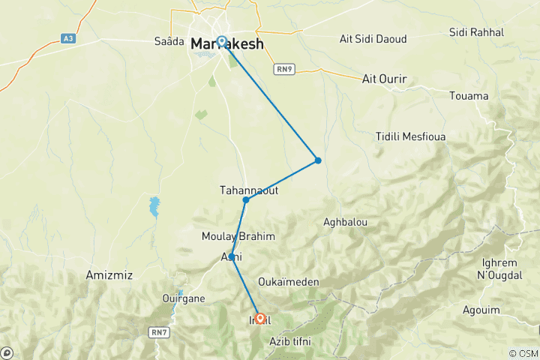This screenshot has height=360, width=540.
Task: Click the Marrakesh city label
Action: pos(227,44)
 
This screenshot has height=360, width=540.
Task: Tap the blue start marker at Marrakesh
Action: pos(222,42)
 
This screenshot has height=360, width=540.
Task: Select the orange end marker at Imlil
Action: pos(259,319)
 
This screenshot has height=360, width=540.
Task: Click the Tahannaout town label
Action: pos(249,190)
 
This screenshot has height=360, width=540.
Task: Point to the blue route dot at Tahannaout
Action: pos(245,199)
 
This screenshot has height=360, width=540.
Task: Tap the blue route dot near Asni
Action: pos(232,257)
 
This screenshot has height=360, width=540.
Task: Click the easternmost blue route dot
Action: pos(318,160)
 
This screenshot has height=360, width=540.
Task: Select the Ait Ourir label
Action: pos(383,78)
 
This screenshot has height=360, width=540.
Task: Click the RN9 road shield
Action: pos(283,69)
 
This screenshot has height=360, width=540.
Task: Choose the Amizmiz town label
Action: pos(109,275)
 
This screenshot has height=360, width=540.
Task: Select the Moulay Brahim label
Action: pos(238,236)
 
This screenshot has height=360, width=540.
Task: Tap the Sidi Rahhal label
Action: pos(476,32)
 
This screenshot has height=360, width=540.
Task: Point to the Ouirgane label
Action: pos(183,298)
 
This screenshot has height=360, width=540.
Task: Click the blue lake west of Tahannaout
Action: pos(154,206)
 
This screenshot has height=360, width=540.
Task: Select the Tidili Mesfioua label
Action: pos(412,136)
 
